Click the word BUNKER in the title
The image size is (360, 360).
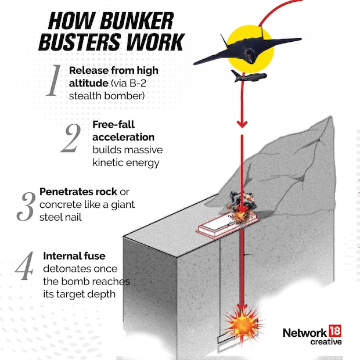[x=137, y=21]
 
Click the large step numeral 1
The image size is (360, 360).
[x=53, y=81]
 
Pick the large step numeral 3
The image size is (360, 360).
[x=25, y=206]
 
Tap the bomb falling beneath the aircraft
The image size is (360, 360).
[x=249, y=77]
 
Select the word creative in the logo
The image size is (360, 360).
[x=326, y=342]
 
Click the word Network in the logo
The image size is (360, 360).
[x=305, y=333]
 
